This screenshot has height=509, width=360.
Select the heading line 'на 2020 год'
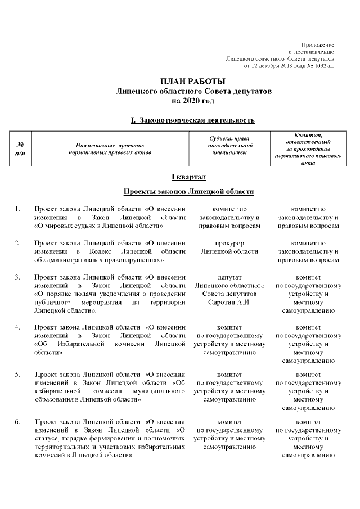tap(193, 100)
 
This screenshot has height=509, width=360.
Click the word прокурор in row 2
tap(229, 244)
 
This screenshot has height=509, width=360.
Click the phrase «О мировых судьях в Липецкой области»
tap(99, 226)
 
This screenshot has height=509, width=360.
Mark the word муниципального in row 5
tap(159, 390)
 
